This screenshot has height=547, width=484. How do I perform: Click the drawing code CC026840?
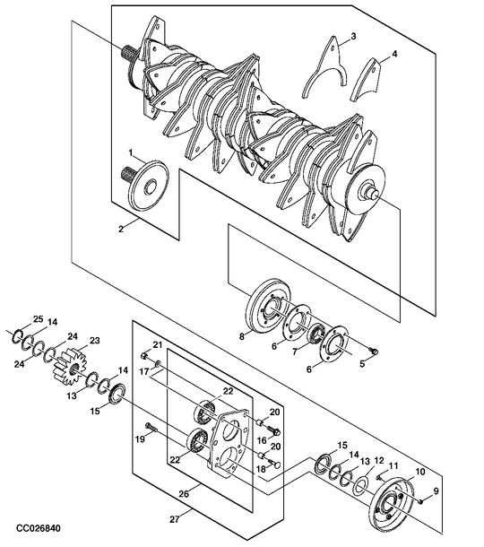(39, 528)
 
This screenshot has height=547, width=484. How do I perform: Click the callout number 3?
(353, 36)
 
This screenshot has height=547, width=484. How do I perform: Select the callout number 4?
(394, 54)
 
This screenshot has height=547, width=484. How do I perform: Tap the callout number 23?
(95, 340)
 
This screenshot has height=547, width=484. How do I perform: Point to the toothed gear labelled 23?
(70, 368)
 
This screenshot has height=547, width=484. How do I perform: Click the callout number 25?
(38, 319)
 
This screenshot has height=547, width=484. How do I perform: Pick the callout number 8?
(242, 337)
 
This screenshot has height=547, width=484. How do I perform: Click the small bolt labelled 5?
(375, 352)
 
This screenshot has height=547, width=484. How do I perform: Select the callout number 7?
(295, 352)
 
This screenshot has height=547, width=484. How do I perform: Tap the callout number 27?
(175, 519)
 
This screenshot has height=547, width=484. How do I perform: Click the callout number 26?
(184, 493)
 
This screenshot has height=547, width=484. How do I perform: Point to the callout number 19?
(140, 438)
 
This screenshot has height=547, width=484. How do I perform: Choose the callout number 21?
(158, 345)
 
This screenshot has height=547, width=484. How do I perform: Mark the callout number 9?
(436, 491)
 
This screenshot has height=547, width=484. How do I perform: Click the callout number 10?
(420, 472)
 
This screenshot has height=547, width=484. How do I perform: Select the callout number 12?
(379, 461)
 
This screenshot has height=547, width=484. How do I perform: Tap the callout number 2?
(121, 230)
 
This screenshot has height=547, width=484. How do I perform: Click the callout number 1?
(131, 152)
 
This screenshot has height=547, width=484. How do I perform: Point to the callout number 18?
(261, 469)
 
